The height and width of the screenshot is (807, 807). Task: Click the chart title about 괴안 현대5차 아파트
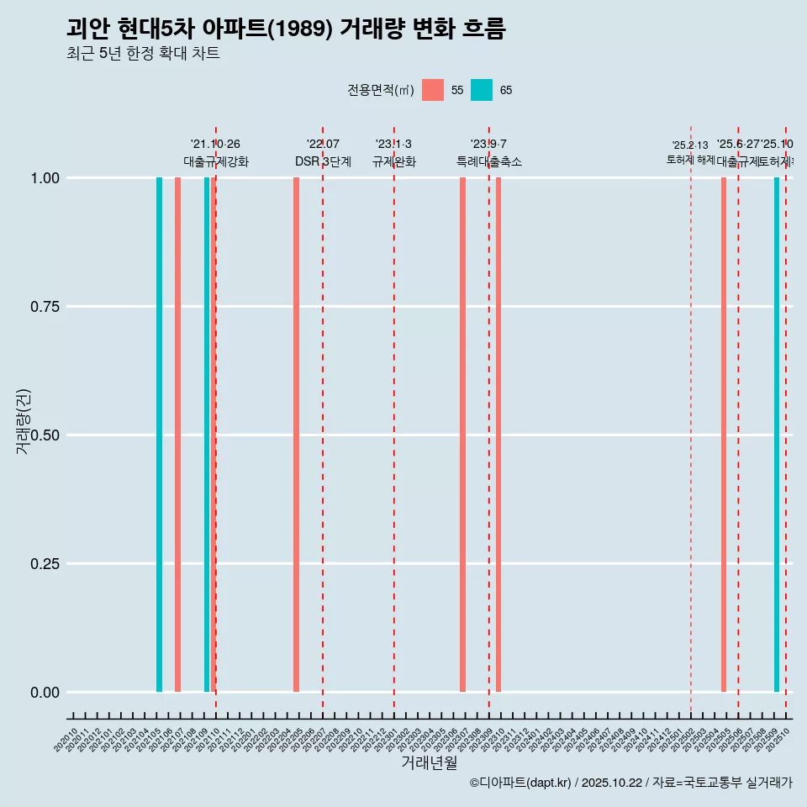tap(286, 29)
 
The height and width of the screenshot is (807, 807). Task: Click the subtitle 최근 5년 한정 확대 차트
tap(143, 54)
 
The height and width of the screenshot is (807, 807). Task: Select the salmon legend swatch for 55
tap(433, 90)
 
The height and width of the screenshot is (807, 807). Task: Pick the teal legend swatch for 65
tap(482, 90)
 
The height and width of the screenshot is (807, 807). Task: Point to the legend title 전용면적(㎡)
tap(381, 90)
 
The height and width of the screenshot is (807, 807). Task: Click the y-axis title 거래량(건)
tap(24, 420)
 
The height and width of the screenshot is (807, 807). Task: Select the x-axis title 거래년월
tap(429, 763)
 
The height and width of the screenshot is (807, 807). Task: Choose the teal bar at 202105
tap(159, 435)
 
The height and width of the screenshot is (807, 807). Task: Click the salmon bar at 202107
tap(177, 435)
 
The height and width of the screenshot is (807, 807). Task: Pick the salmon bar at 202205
tap(296, 435)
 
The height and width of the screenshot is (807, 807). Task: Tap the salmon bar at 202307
tap(462, 435)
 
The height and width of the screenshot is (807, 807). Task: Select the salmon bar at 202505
tap(723, 435)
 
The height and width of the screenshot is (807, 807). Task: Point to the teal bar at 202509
tap(777, 435)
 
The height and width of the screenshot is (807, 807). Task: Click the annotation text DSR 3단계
tap(323, 161)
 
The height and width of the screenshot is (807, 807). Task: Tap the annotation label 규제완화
tap(394, 161)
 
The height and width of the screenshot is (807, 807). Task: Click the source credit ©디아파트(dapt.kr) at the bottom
tap(521, 783)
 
